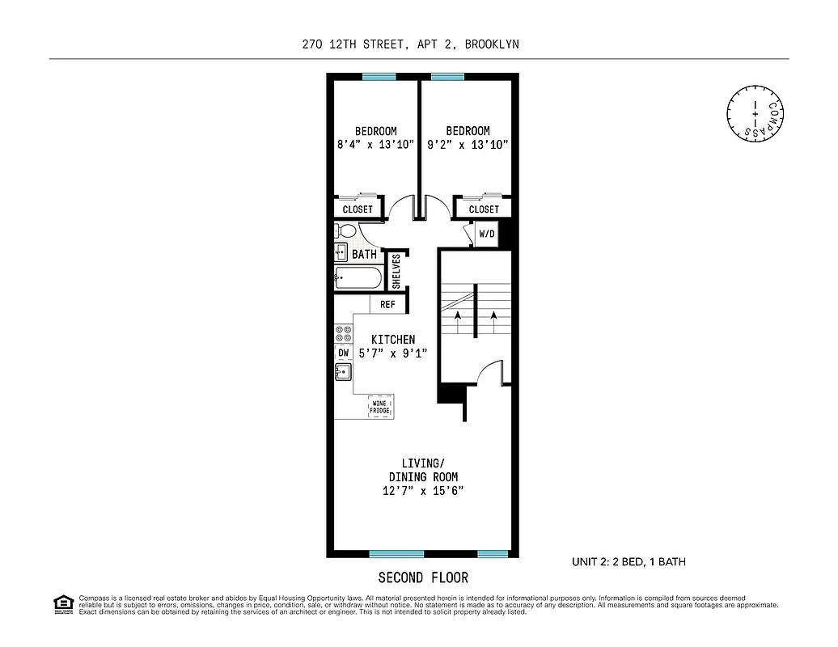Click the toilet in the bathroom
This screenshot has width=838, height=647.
pos(345,232)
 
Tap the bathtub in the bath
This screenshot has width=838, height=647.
pos(358,278)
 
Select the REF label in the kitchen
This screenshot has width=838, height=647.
pos(387,305)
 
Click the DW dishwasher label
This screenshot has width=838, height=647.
pos(343,353)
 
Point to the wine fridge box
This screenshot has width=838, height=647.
pos(380,408)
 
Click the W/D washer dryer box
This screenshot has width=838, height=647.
pos(486,235)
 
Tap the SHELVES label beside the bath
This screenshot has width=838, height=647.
pos(396,271)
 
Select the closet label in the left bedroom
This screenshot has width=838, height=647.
pos(358,209)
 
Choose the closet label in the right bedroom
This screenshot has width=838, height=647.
pos(484,209)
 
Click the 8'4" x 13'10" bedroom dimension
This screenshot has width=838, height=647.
pos(375,145)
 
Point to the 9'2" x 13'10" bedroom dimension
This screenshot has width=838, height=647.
pos(468,145)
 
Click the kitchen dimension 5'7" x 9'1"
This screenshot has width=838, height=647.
pos(393,353)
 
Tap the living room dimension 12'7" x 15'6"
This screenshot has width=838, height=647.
pos(422,491)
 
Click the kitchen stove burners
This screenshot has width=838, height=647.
pos(343,332)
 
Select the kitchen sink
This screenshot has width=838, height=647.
pos(343,373)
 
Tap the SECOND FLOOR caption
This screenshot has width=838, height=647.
pos(422,577)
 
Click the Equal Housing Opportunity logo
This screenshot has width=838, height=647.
pos(61,604)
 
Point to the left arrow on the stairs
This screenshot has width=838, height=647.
pos(457,320)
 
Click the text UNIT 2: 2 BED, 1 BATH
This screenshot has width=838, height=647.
pos(628,561)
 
